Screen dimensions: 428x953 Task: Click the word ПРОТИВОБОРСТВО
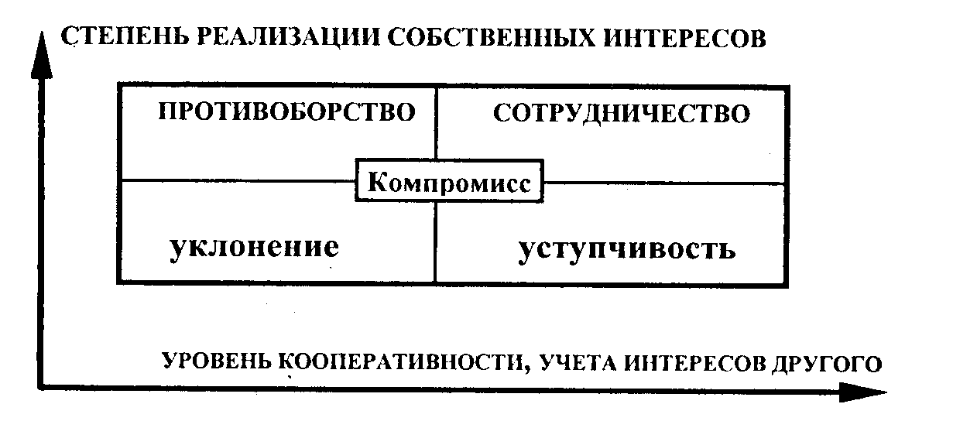pos(286,112)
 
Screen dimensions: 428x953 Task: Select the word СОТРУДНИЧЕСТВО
pos(622,114)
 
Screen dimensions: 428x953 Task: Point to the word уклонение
pos(253,247)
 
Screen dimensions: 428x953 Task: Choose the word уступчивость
pos(626,249)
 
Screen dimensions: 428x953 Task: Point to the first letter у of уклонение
pos(177,249)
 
